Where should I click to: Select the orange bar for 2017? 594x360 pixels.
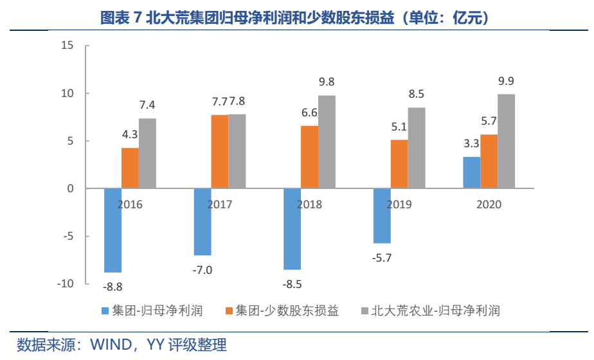(x=220, y=152)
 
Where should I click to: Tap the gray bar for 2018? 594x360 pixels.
(x=327, y=142)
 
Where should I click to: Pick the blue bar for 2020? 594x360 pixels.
(x=472, y=172)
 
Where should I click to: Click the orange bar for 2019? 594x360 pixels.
(x=399, y=164)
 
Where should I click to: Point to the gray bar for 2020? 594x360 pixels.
(x=507, y=141)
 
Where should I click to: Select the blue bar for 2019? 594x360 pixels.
(x=382, y=216)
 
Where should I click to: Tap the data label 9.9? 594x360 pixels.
(x=506, y=82)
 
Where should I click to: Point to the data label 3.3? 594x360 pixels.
(x=471, y=144)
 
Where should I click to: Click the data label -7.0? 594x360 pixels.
(x=202, y=269)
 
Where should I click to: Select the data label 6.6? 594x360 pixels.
(x=310, y=113)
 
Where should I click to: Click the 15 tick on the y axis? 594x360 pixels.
(x=67, y=46)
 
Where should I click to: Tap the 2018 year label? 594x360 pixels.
(x=310, y=205)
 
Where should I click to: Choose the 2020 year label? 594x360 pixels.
(x=489, y=205)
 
